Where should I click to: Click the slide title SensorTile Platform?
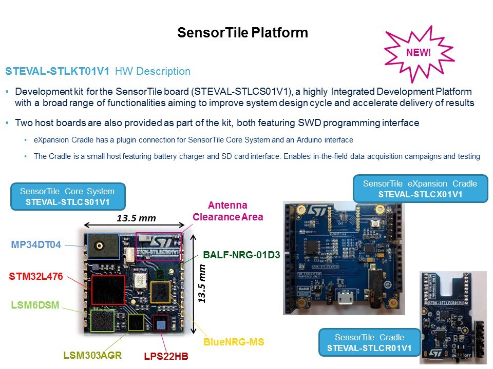click(x=242, y=33)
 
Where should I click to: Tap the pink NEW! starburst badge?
click(x=419, y=52)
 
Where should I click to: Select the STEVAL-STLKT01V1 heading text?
click(x=58, y=72)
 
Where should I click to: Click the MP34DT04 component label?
click(x=36, y=245)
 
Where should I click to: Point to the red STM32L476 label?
click(x=36, y=277)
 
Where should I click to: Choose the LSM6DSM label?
click(x=35, y=306)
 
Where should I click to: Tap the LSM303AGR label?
click(x=92, y=355)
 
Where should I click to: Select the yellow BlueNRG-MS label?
click(x=234, y=341)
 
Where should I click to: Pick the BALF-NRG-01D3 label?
click(x=241, y=254)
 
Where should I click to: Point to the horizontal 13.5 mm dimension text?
click(x=136, y=218)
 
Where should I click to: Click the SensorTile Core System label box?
click(x=68, y=196)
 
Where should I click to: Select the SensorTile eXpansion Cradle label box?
click(x=420, y=189)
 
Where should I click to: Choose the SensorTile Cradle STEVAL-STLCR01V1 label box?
click(x=369, y=343)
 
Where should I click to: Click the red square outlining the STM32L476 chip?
click(x=108, y=290)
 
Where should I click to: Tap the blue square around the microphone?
click(x=103, y=246)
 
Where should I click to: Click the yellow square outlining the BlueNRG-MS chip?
click(x=161, y=292)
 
